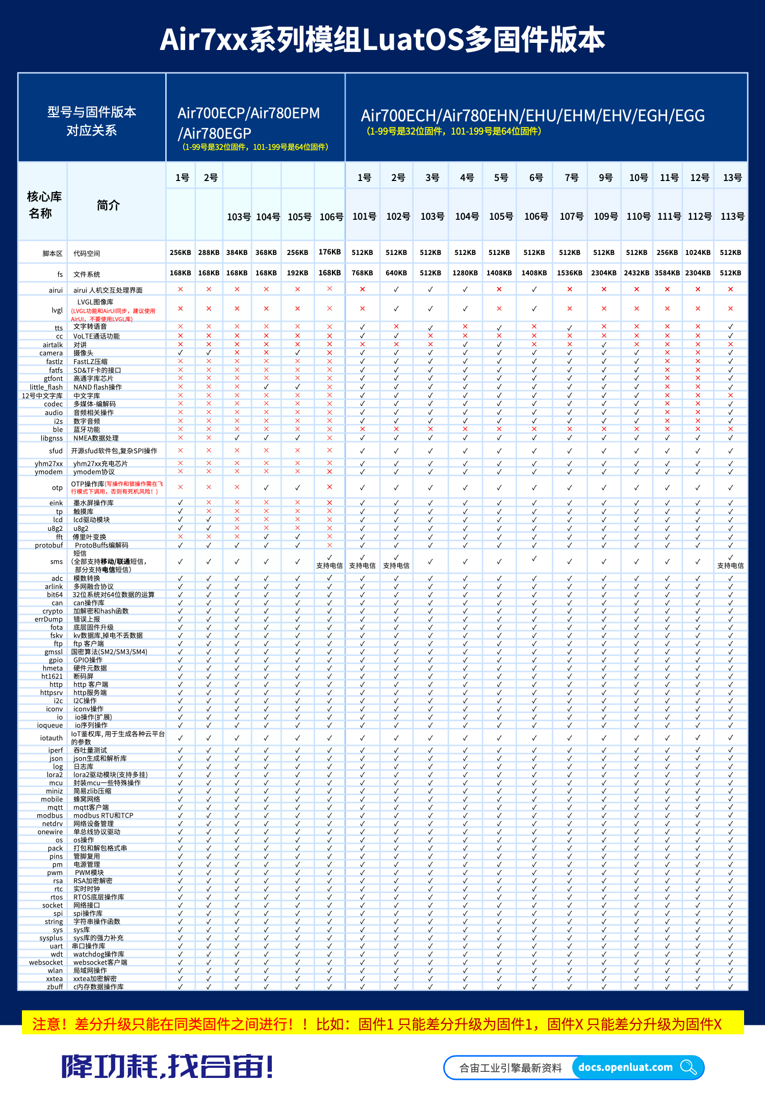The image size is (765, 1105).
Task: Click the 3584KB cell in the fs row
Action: click(x=667, y=273)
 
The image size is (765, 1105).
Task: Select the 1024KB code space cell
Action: click(x=698, y=252)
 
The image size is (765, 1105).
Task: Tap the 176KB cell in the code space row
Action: click(x=329, y=252)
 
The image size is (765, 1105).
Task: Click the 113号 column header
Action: click(x=732, y=216)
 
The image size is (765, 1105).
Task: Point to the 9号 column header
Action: click(x=605, y=177)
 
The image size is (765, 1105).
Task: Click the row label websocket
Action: click(x=46, y=962)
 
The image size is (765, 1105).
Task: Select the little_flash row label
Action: click(x=46, y=387)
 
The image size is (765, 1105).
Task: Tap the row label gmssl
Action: click(x=54, y=652)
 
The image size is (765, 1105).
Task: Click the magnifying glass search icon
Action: click(x=688, y=1067)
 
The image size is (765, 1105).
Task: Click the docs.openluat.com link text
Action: click(x=625, y=1067)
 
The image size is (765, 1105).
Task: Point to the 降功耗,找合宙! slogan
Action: click(x=167, y=1066)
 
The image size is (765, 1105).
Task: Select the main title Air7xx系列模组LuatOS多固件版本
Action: click(x=382, y=40)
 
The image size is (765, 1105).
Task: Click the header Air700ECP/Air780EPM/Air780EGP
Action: click(x=249, y=123)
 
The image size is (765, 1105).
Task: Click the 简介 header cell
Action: click(x=108, y=205)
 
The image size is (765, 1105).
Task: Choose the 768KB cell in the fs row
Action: click(x=362, y=273)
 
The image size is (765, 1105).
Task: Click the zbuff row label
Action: click(x=55, y=987)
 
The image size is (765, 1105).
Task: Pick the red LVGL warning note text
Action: click(x=113, y=315)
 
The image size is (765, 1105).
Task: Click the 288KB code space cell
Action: click(x=209, y=252)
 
